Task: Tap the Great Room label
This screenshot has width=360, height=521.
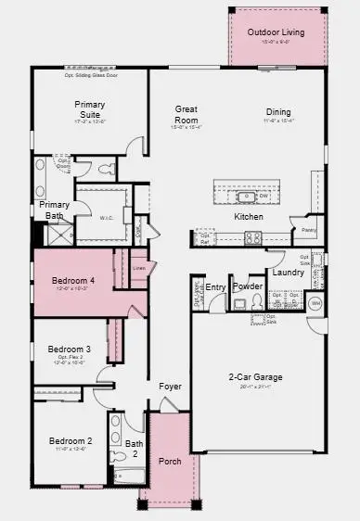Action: tap(186, 114)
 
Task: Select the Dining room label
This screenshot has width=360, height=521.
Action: tap(278, 112)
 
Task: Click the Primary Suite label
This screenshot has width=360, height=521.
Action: tap(89, 110)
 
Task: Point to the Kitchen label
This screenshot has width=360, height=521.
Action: tap(249, 216)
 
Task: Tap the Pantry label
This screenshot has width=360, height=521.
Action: tap(308, 229)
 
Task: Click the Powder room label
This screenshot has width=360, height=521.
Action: tap(249, 286)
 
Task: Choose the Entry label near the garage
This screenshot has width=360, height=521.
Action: tap(215, 287)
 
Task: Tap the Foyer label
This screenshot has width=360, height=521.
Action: tap(170, 386)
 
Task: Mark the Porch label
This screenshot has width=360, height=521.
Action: tap(170, 461)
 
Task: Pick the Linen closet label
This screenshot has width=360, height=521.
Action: tap(139, 269)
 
